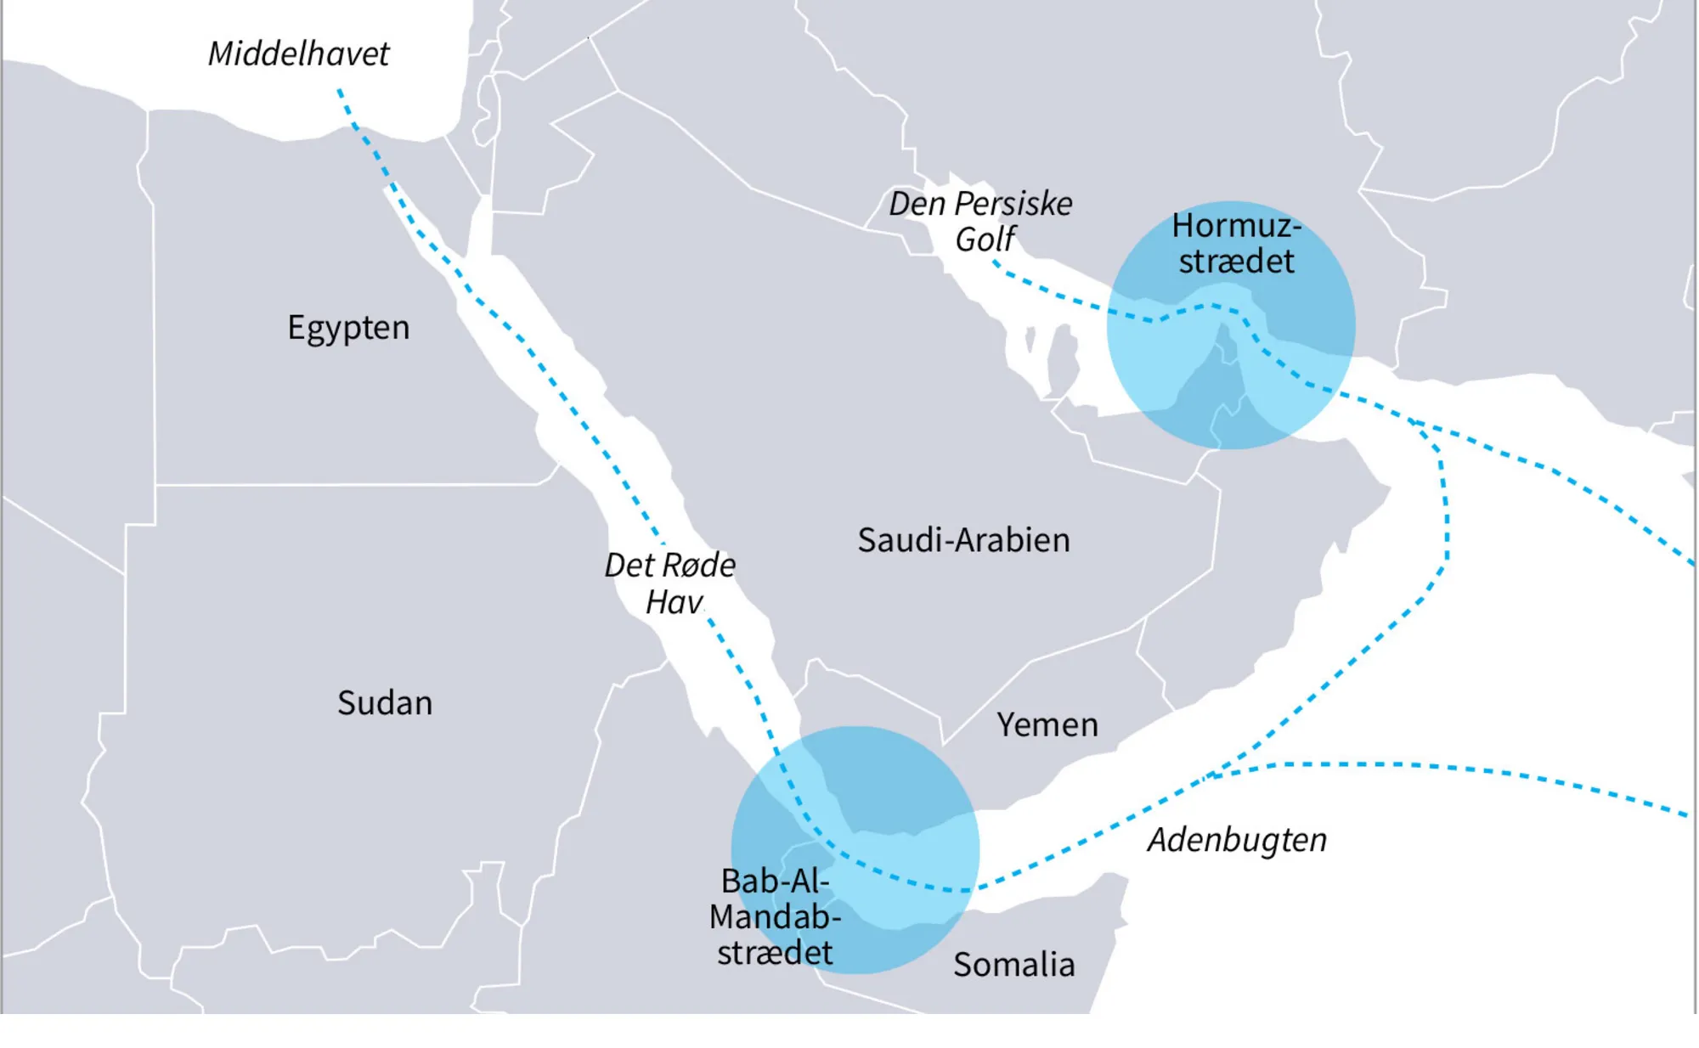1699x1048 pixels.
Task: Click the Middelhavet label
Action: point(298,54)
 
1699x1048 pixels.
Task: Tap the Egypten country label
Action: point(348,328)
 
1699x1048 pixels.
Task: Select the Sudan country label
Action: point(385,703)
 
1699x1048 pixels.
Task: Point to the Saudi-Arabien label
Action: point(963,540)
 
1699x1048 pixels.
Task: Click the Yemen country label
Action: point(1047,725)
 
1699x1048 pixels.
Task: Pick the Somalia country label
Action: point(1013,965)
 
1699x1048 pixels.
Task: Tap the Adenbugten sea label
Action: point(1237,840)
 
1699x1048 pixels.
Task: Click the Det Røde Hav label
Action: point(670,583)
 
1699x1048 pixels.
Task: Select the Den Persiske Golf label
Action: point(980,221)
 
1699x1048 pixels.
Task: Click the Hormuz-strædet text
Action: point(1236,244)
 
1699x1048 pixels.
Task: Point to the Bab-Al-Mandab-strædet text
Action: point(775,917)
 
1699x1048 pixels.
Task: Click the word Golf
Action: point(985,239)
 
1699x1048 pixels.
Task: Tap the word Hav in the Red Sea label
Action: point(674,602)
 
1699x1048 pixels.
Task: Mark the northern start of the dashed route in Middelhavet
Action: point(339,89)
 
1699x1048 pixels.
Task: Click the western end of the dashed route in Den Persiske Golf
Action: point(995,263)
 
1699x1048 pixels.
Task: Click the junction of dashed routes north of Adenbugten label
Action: point(1211,775)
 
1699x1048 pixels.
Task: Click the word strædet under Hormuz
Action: point(1236,262)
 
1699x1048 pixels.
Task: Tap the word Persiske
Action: point(1013,204)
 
